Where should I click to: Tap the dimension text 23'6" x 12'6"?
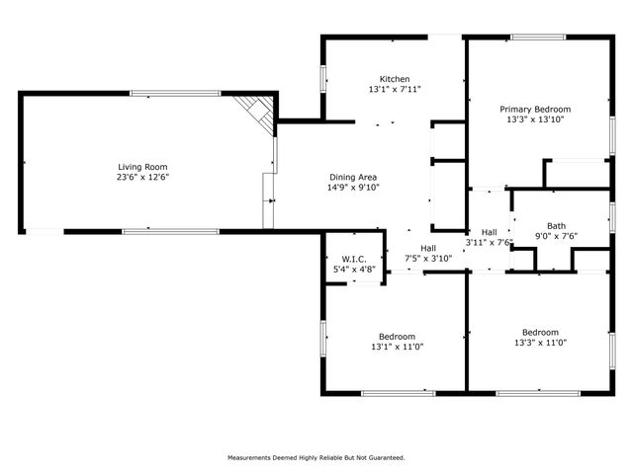[143, 178]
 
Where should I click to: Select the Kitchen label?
[395, 79]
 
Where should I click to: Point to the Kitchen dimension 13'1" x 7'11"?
[395, 90]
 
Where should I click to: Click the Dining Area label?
[353, 177]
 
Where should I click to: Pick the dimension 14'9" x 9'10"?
[353, 188]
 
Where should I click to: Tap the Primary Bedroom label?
[535, 109]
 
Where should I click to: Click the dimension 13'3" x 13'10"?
[535, 119]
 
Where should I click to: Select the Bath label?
[555, 225]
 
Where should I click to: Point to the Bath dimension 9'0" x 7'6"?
[555, 236]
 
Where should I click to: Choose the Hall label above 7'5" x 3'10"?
[428, 248]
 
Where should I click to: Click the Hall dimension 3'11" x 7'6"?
[489, 242]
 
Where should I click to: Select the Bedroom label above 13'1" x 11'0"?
[394, 336]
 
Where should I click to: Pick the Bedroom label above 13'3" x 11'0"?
[540, 332]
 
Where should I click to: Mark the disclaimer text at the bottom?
[316, 458]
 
